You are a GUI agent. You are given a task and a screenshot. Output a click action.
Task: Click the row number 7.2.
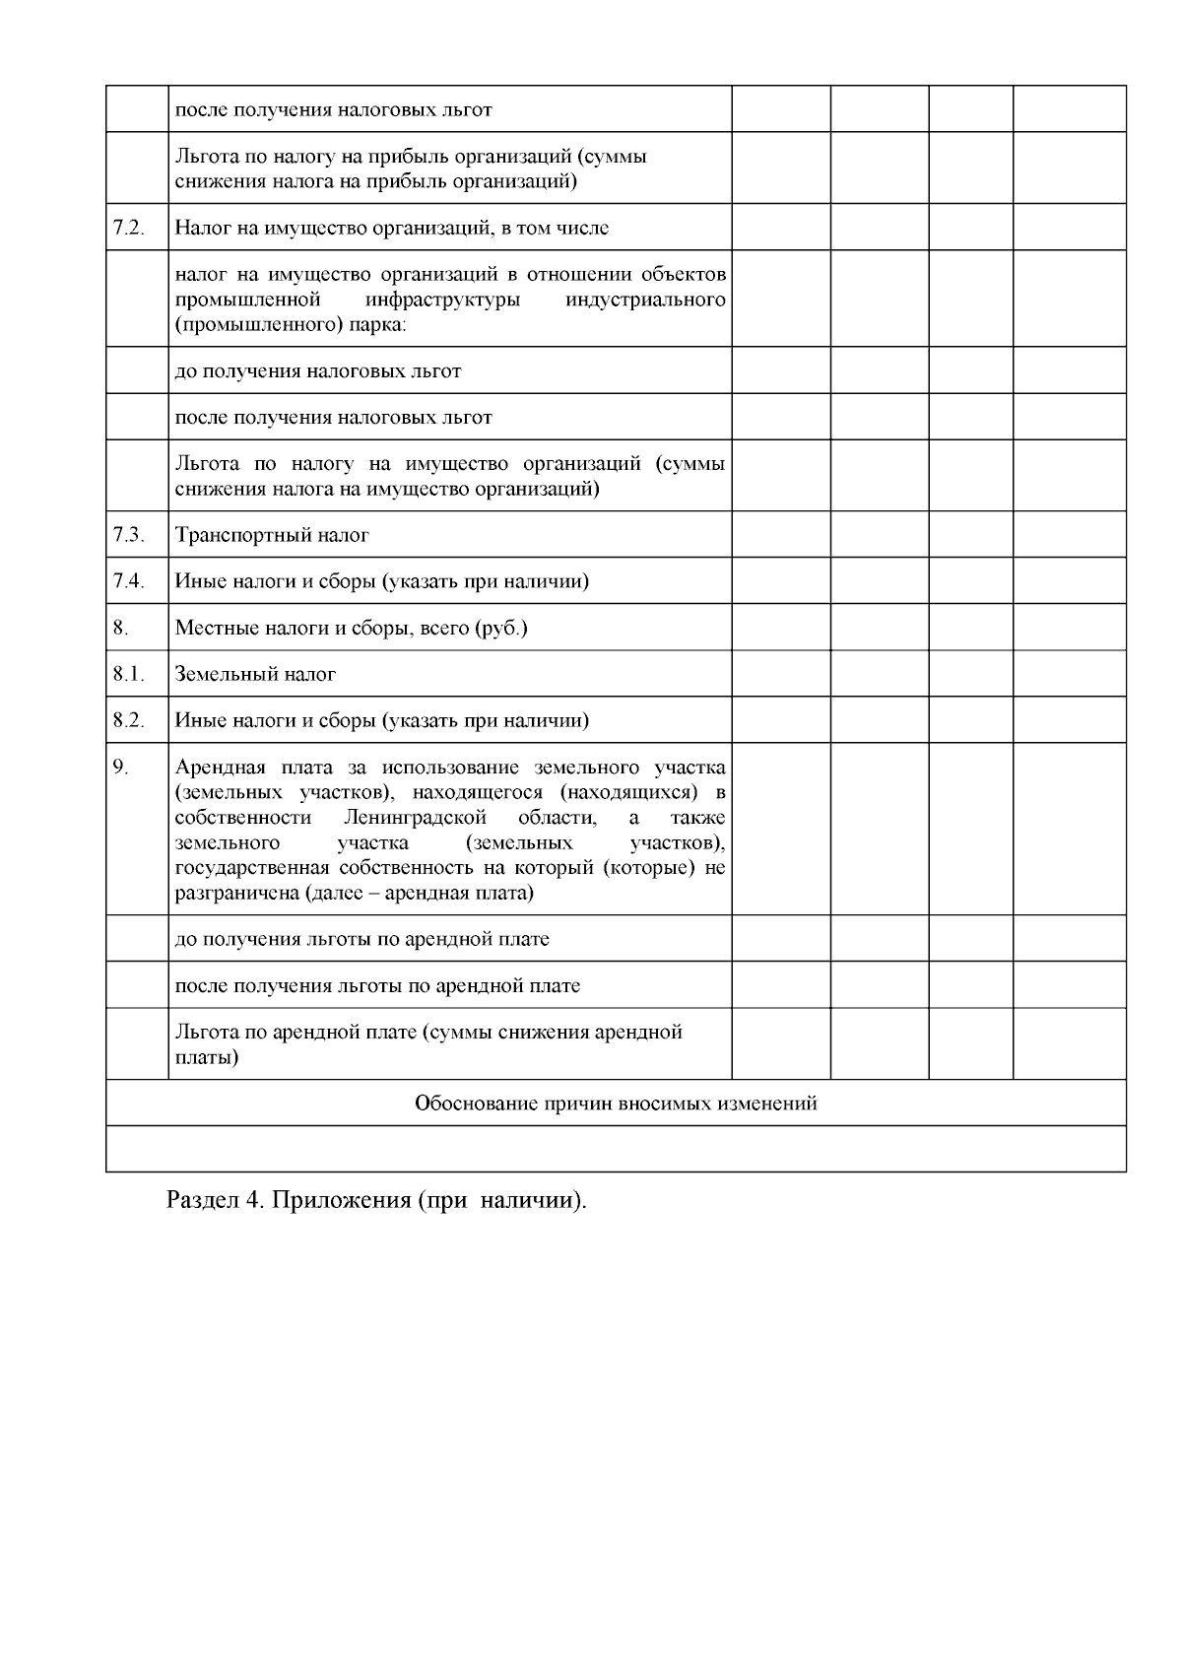pyautogui.click(x=128, y=228)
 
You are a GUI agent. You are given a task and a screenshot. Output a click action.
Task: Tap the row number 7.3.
pyautogui.click(x=128, y=535)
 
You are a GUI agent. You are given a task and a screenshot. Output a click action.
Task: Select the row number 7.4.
pyautogui.click(x=128, y=581)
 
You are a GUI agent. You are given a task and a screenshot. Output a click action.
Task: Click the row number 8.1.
pyautogui.click(x=128, y=674)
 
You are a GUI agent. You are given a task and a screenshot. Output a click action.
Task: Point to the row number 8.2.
pyautogui.click(x=128, y=720)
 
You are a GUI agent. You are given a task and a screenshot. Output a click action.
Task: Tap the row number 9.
pyautogui.click(x=120, y=768)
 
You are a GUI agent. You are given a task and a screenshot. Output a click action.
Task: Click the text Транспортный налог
pyautogui.click(x=272, y=535)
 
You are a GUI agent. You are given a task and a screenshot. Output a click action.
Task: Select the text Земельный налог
pyautogui.click(x=255, y=674)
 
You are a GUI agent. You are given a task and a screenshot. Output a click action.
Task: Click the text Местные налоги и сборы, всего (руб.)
pyautogui.click(x=351, y=628)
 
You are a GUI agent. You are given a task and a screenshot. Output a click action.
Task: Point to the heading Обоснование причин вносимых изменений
pyautogui.click(x=616, y=1104)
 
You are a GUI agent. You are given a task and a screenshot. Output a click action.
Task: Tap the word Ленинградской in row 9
pyautogui.click(x=416, y=818)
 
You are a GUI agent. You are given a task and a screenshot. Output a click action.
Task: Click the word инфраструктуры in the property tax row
pyautogui.click(x=442, y=300)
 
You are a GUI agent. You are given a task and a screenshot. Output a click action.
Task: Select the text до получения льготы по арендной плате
pyautogui.click(x=361, y=939)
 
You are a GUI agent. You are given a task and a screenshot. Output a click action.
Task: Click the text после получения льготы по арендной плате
pyautogui.click(x=377, y=985)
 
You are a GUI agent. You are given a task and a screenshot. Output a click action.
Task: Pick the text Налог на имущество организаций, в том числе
pyautogui.click(x=391, y=228)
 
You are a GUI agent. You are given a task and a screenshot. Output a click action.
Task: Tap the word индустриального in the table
pyautogui.click(x=646, y=300)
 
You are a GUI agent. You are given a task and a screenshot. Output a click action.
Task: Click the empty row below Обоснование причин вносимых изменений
pyautogui.click(x=616, y=1149)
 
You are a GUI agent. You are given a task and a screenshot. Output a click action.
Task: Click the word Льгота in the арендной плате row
pyautogui.click(x=204, y=1033)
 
